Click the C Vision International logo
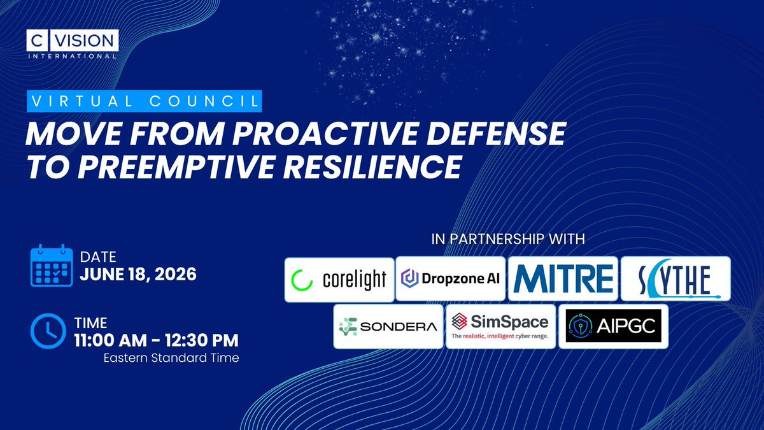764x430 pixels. click(x=73, y=45)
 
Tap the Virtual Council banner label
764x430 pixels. click(x=145, y=101)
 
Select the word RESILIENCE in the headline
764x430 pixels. click(x=373, y=167)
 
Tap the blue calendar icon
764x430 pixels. click(x=52, y=265)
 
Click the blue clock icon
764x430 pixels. click(x=48, y=331)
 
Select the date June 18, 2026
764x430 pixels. click(x=138, y=275)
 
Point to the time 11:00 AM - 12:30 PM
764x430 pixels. click(x=157, y=340)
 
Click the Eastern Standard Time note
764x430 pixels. click(x=171, y=358)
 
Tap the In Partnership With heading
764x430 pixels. click(x=508, y=239)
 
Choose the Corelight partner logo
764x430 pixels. click(x=339, y=280)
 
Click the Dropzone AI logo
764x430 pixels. click(x=451, y=278)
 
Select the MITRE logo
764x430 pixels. click(x=563, y=278)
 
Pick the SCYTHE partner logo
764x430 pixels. click(x=676, y=278)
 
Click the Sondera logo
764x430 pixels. click(x=388, y=326)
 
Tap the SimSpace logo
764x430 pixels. click(x=500, y=326)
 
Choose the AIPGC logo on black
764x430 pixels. click(x=614, y=326)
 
